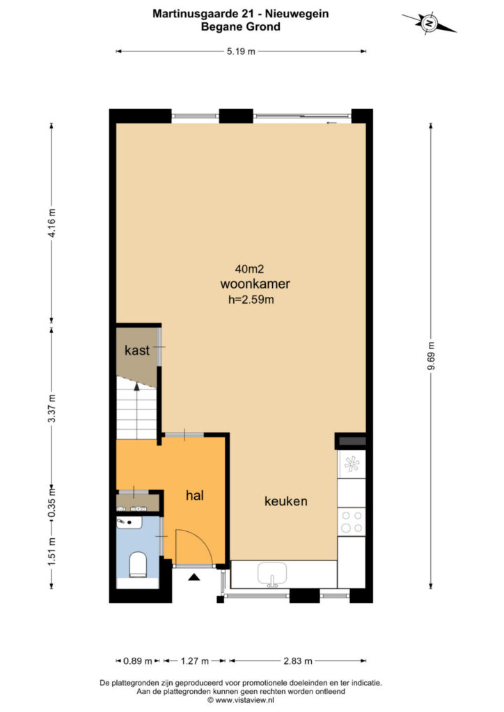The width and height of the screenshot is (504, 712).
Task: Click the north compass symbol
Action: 429,23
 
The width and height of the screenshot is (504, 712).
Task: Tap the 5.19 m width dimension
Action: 241,51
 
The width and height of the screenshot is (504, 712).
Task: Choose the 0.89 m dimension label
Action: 138,661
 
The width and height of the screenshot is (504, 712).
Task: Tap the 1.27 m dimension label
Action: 194,661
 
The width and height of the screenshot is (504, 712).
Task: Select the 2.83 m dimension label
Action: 298,661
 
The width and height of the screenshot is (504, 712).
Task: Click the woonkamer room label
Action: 255,284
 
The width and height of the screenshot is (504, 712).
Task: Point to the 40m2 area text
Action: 249,269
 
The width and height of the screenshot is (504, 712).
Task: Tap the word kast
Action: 137,350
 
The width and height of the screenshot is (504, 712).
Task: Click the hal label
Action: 194,495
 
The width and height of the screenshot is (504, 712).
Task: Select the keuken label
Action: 286,501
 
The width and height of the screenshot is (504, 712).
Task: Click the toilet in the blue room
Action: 138,565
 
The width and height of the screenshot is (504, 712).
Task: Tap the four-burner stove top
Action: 352,521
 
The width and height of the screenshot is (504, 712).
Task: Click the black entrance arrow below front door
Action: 194,577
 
